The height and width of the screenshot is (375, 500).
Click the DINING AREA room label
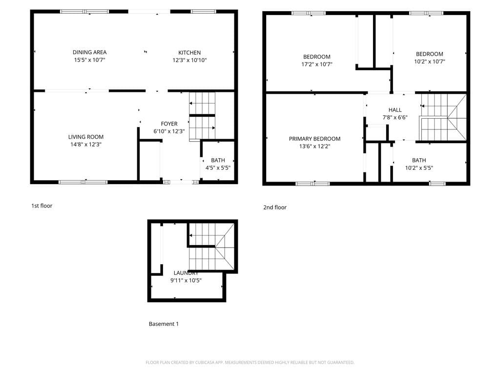(x=89, y=52)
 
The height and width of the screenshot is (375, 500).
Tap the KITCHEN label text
(x=189, y=53)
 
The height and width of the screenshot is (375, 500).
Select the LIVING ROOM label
(x=86, y=137)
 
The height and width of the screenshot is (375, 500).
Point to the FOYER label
(x=169, y=124)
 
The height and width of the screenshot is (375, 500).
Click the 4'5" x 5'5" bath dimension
(x=218, y=168)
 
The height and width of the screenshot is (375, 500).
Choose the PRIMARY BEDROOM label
(x=314, y=139)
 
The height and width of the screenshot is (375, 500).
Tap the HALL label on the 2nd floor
(x=395, y=110)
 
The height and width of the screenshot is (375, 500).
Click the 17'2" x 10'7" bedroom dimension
(x=317, y=64)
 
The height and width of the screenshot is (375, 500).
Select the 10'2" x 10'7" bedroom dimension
(x=430, y=62)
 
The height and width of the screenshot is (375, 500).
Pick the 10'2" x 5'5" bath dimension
(x=419, y=168)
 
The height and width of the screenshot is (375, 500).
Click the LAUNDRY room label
(x=186, y=273)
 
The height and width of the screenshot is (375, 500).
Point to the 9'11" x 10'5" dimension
(x=186, y=281)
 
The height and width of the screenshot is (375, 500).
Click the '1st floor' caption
(x=42, y=206)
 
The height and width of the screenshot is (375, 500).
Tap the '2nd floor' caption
(x=275, y=208)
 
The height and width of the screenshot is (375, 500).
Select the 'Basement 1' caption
(x=164, y=324)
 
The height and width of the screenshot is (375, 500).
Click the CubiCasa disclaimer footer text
(x=250, y=363)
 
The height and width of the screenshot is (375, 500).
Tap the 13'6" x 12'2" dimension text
(x=314, y=146)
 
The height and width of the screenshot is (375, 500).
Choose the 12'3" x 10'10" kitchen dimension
(x=189, y=61)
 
